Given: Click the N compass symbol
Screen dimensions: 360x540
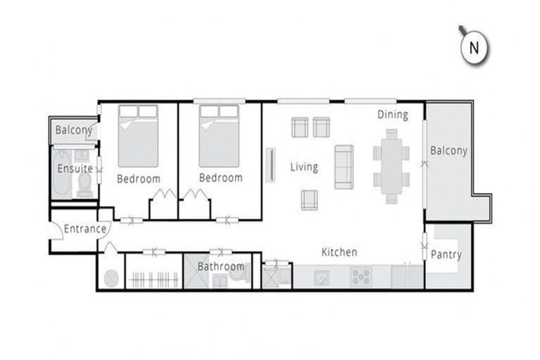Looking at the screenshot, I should (x=474, y=48).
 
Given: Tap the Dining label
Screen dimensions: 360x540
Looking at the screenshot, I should (x=392, y=115).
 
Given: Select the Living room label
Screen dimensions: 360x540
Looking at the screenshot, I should (x=304, y=167).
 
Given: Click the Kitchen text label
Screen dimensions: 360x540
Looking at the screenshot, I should (x=339, y=252).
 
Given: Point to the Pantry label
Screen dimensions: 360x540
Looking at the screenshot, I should (x=446, y=255).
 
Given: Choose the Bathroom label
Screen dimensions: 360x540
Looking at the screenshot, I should (x=221, y=266).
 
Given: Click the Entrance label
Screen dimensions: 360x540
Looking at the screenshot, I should (x=84, y=229).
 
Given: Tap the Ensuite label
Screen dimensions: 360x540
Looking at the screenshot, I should (x=75, y=169).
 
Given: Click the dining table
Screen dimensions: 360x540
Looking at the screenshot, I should (x=391, y=169).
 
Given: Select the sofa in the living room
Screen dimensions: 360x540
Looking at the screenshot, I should (x=343, y=167).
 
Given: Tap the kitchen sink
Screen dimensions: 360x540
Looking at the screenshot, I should (x=321, y=276).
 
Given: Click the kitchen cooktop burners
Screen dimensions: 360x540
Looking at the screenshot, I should (x=361, y=276).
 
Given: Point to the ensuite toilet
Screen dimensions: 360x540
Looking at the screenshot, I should (x=84, y=184).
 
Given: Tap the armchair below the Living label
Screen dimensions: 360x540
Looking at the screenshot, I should (x=309, y=200).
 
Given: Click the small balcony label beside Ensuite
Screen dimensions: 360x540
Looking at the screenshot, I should (x=74, y=130).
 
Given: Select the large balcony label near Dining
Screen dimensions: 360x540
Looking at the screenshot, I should (x=449, y=150).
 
